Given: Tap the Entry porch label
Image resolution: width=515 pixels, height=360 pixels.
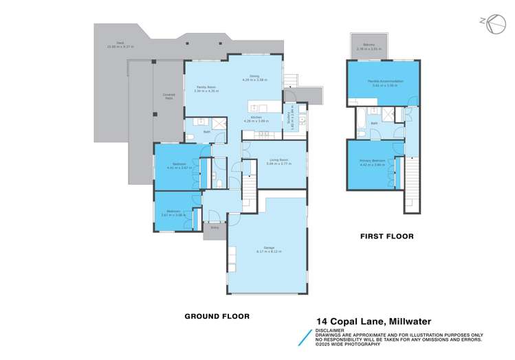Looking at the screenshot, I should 215,227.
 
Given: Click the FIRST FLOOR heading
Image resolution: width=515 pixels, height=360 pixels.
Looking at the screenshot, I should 386,236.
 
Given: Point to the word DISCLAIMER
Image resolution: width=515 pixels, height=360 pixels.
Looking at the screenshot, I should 331,328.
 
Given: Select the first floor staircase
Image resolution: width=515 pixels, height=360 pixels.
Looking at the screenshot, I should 413,181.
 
